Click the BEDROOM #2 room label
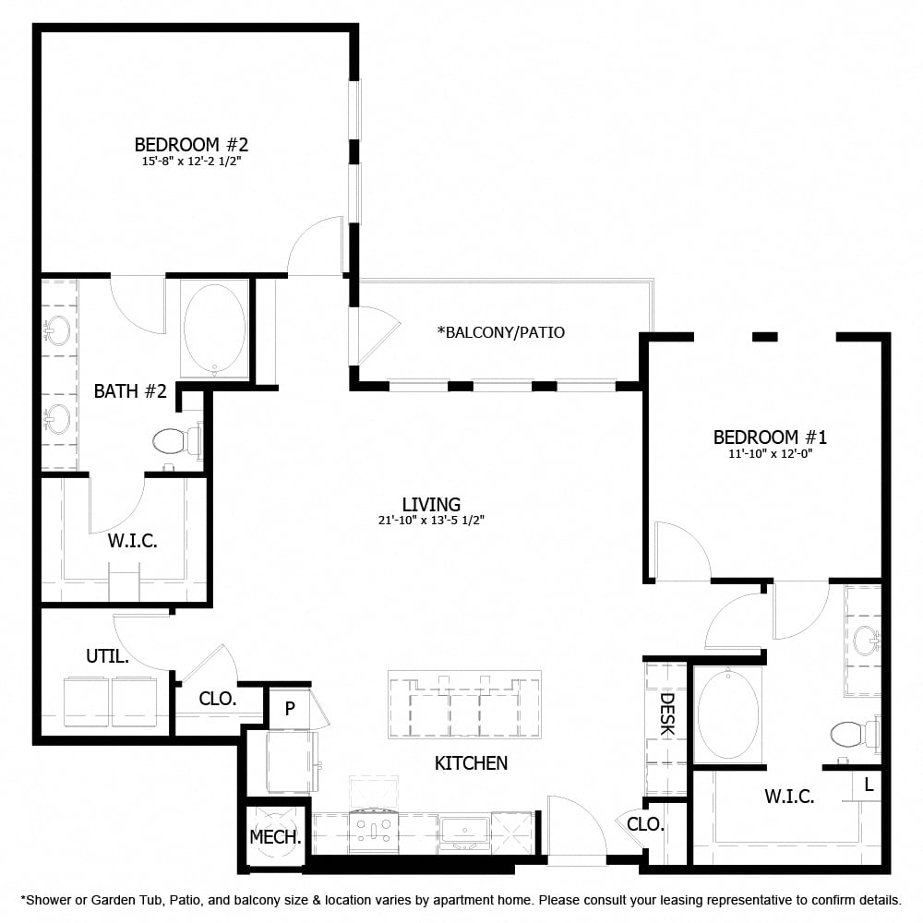coord(191,145)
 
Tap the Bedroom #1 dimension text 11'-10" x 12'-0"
coord(769,453)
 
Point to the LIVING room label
coord(431,504)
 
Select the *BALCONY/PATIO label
coord(501,332)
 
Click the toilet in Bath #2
coord(175,441)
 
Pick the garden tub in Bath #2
coord(214,327)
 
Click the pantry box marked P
coord(289,708)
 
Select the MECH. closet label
coord(275,838)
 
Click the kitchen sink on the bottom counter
coord(464,831)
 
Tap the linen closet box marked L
coord(869,785)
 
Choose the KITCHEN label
coord(471,763)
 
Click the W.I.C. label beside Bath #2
coord(132,542)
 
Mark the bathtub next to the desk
coord(728,713)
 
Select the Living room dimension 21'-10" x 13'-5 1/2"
coord(431,521)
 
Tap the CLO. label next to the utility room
coord(218,699)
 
